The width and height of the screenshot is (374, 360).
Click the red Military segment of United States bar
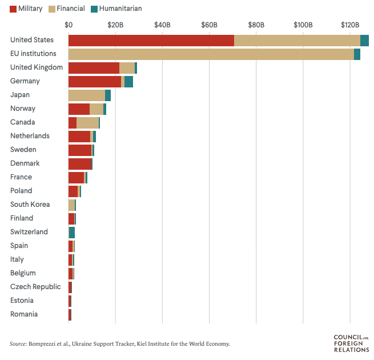tap(151, 40)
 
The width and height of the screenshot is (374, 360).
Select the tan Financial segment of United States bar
tap(297, 40)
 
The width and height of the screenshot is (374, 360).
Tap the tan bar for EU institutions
tap(211, 54)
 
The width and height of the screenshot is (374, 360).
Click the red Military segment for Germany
tap(95, 81)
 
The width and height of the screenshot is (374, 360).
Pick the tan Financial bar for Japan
tap(87, 95)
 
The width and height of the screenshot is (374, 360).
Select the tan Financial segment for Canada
tap(87, 122)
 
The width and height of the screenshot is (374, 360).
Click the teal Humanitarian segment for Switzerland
tap(72, 232)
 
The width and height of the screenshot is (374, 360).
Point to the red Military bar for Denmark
tap(79, 163)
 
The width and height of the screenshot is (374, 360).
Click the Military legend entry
tap(26, 9)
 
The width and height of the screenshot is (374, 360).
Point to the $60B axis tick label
tap(209, 25)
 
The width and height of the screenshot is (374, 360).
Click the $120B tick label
tap(349, 25)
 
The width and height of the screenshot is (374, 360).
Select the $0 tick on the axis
tap(69, 25)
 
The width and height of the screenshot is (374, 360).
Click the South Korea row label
tap(30, 205)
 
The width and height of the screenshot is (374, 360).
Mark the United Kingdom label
tap(37, 67)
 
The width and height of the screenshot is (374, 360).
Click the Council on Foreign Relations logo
tap(351, 343)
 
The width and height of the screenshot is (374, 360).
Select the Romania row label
tap(24, 314)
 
